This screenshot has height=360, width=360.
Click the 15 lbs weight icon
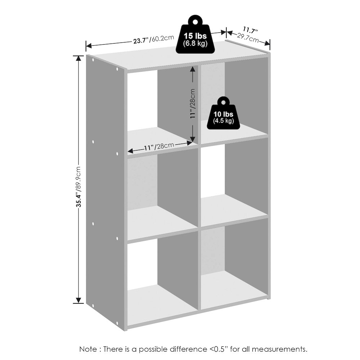click(x=195, y=40)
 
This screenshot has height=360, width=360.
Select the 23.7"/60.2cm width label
click(x=154, y=39)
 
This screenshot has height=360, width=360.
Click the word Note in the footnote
click(x=88, y=349)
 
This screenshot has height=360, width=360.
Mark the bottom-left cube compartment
click(x=162, y=277)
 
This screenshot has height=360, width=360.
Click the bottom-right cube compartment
click(x=234, y=266)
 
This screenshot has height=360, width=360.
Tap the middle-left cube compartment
click(x=162, y=194)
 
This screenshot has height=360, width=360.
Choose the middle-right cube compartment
click(x=234, y=180)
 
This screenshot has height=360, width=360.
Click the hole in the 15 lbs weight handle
click(x=195, y=22)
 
